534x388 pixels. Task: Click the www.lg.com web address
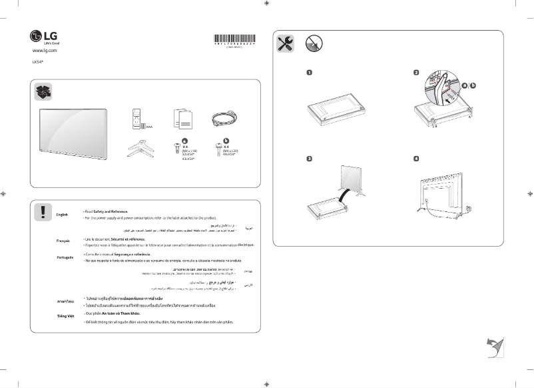click(44, 50)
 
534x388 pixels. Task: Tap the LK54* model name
click(38, 62)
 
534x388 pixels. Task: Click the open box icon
click(43, 92)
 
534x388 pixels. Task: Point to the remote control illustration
click(136, 119)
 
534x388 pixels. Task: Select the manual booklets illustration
click(180, 119)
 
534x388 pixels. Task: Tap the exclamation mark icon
click(43, 212)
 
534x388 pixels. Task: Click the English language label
click(62, 214)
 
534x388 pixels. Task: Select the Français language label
click(63, 241)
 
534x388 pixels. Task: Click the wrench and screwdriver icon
click(284, 44)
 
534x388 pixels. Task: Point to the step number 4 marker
click(416, 159)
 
